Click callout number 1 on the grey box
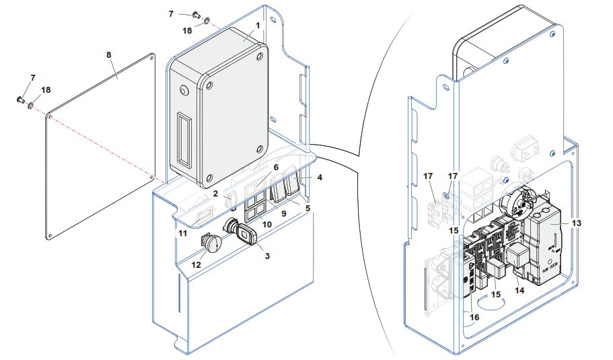[257, 24]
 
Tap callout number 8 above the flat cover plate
[110, 54]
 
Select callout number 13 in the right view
[575, 222]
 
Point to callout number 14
[519, 290]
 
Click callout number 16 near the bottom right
[474, 317]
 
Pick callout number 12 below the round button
[196, 264]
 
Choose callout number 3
[267, 256]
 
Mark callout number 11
[182, 232]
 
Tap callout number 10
[266, 223]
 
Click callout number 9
[283, 214]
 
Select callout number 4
[320, 178]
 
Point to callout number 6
[275, 166]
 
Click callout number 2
[215, 194]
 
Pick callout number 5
[308, 209]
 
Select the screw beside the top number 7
[196, 14]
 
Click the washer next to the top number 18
[206, 20]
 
